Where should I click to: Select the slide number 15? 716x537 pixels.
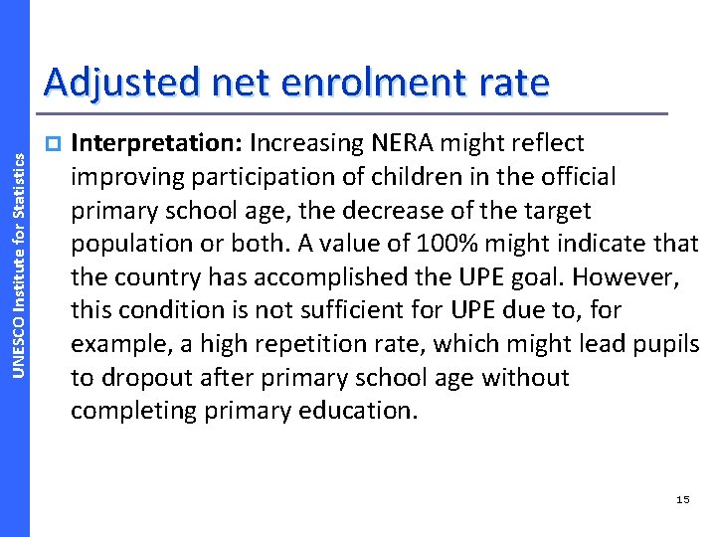coord(682,499)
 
